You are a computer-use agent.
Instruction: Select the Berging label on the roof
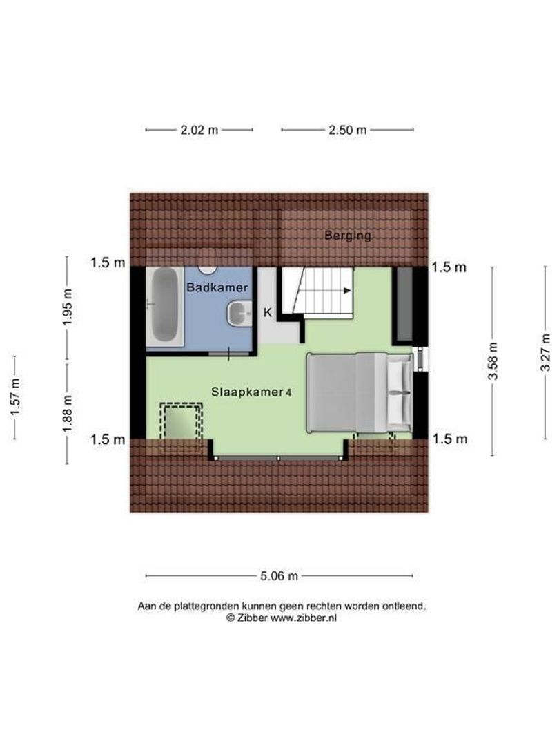(x=348, y=236)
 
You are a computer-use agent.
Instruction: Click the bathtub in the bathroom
(x=164, y=305)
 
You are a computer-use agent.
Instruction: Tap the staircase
(x=324, y=291)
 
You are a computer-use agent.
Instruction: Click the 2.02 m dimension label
(x=199, y=130)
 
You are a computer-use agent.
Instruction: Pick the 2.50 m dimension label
(x=347, y=130)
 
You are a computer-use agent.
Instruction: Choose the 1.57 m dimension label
(x=14, y=397)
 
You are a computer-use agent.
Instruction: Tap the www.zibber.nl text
(x=303, y=619)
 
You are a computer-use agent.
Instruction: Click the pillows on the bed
(x=398, y=392)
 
